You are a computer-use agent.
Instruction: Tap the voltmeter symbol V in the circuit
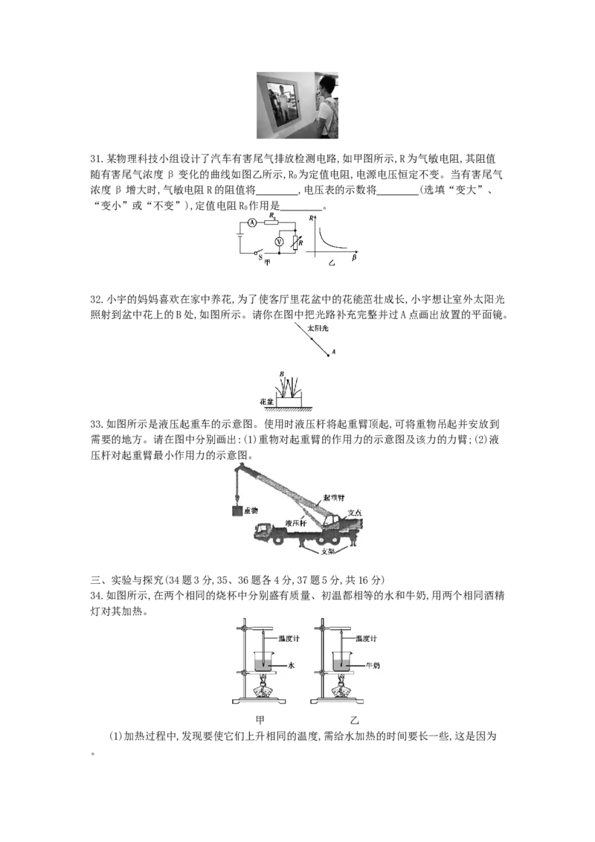pos(279,242)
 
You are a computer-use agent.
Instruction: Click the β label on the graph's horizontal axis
pos(355,258)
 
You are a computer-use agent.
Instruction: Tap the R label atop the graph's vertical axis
pos(312,219)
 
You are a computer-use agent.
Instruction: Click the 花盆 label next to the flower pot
pos(266,401)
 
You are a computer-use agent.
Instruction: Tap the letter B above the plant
pos(281,373)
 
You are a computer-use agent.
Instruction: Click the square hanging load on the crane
pos(237,511)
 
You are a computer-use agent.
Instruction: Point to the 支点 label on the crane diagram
pos(355,512)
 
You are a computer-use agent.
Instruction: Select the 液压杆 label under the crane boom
pos(296,522)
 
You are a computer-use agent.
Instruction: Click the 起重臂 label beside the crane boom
pos(334,498)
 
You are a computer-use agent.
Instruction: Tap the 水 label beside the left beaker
pos(291,665)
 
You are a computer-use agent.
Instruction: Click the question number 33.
pos(96,424)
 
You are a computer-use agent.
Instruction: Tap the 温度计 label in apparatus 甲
pos(289,638)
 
